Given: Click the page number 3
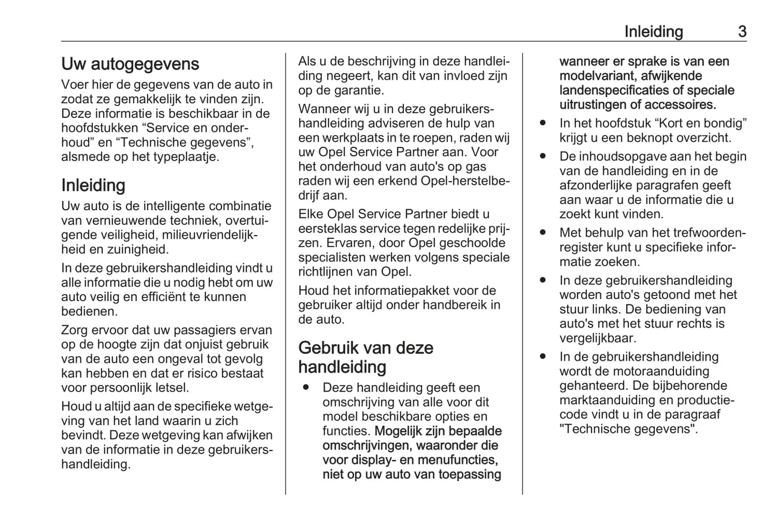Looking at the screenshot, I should pyautogui.click(x=742, y=32).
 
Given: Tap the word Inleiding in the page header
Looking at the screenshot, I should pyautogui.click(x=653, y=32).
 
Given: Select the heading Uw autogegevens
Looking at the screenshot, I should pyautogui.click(x=130, y=64).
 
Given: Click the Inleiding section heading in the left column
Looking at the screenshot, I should pyautogui.click(x=93, y=185).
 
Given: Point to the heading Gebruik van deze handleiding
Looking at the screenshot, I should pyautogui.click(x=366, y=357).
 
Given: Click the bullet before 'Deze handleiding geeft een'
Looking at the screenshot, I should pyautogui.click(x=306, y=387).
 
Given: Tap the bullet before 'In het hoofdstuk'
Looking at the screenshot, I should pyautogui.click(x=543, y=123).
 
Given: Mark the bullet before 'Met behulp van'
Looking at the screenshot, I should pyautogui.click(x=543, y=233).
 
